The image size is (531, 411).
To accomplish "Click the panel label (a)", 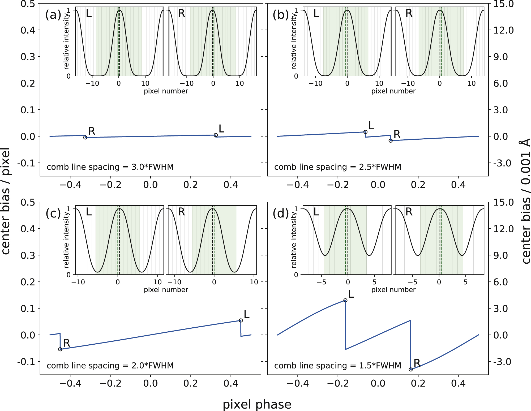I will (53, 15).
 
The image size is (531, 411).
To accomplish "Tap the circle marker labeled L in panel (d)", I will (345, 300).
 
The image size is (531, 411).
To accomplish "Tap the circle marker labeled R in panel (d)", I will (411, 369).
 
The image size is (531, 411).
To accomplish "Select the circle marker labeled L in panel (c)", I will (241, 320).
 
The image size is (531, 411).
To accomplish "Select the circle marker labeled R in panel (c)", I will (60, 349).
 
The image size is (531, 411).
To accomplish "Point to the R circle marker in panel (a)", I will (85, 137).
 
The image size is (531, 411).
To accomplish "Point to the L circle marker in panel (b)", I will (365, 132).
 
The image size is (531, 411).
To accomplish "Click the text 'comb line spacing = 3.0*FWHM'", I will (110, 167).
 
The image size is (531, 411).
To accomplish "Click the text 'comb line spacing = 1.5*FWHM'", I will (338, 366).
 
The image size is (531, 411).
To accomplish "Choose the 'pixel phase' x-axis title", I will (257, 404).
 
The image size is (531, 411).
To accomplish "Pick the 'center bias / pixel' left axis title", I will (6, 201).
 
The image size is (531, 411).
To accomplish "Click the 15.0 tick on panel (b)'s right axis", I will (503, 4).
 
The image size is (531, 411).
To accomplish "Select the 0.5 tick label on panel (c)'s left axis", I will (28, 202).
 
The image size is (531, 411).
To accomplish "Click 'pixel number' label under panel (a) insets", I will (166, 91).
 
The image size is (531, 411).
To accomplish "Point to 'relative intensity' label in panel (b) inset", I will (294, 41).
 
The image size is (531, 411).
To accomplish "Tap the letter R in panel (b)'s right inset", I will (409, 13).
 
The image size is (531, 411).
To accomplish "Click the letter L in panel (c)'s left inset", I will (89, 212).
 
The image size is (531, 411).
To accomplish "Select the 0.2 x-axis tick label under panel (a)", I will (191, 185).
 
